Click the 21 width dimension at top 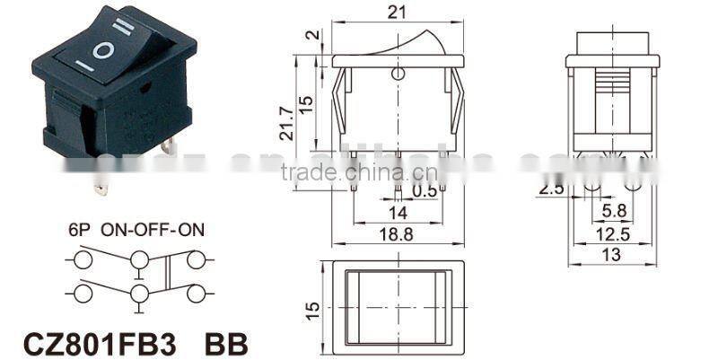coord(397,12)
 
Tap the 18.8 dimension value coord(397,233)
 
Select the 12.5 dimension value coord(612,234)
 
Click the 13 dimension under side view coord(612,255)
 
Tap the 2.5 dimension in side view coord(551,190)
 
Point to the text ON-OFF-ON coord(153,229)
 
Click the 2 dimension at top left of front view coord(310,36)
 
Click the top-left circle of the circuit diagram coord(83,260)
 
